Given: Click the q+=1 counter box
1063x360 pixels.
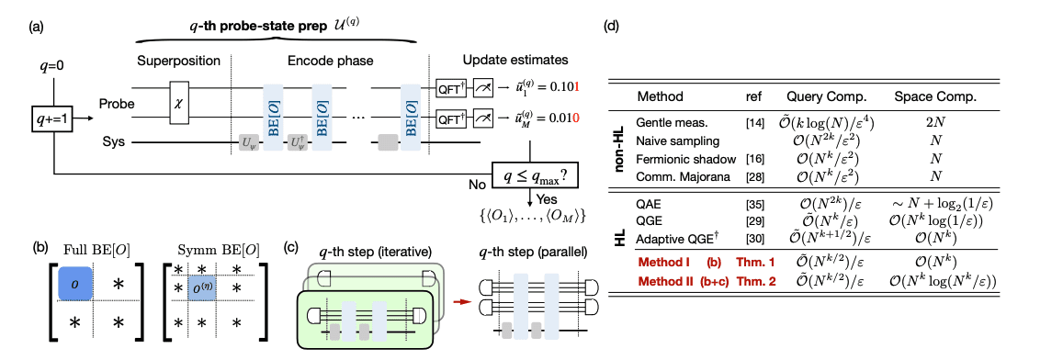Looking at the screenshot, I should click(x=52, y=118).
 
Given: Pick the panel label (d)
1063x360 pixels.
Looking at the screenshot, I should click(x=612, y=26).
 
